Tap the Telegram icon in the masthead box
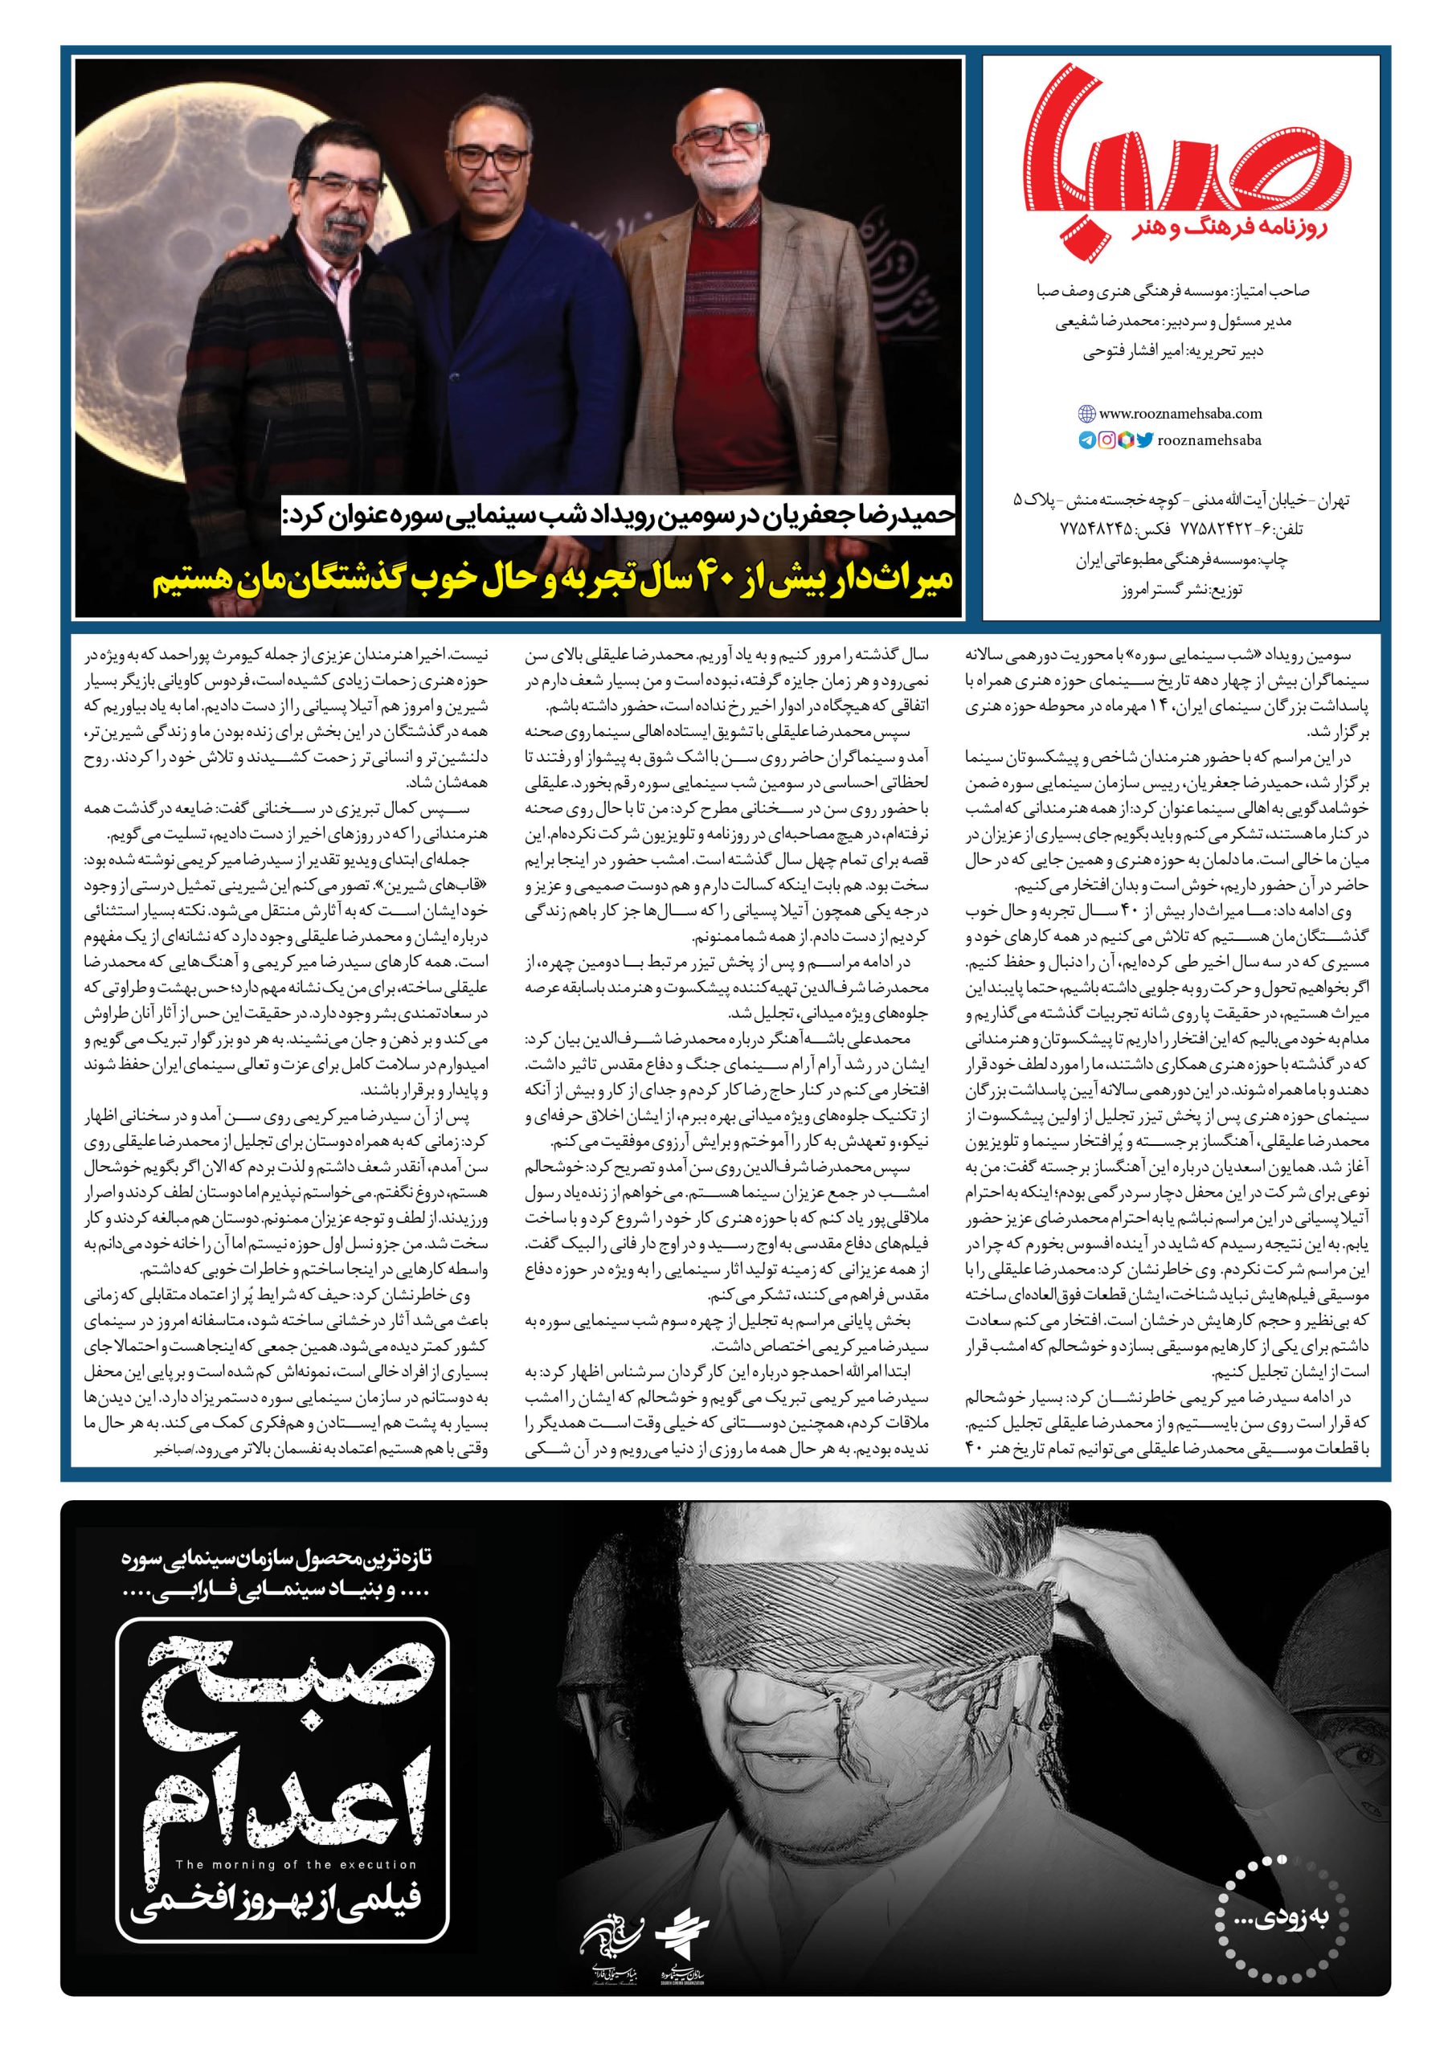(1086, 440)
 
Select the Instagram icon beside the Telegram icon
(1107, 440)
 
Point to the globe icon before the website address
(1086, 414)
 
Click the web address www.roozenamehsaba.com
(1180, 414)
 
